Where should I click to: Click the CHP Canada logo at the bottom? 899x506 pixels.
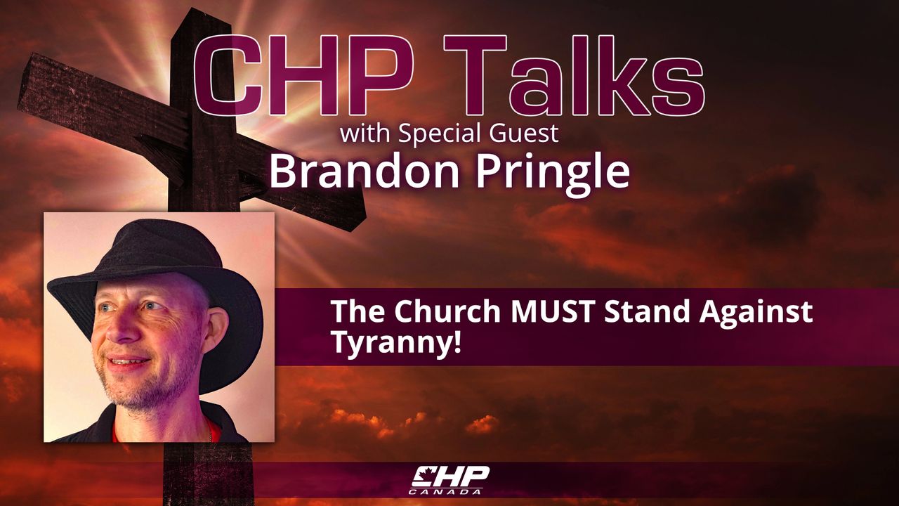pyautogui.click(x=450, y=480)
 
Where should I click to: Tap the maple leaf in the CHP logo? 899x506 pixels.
pyautogui.click(x=421, y=474)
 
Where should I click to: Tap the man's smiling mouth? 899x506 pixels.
pyautogui.click(x=128, y=361)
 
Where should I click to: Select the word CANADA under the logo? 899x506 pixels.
pyautogui.click(x=445, y=491)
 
